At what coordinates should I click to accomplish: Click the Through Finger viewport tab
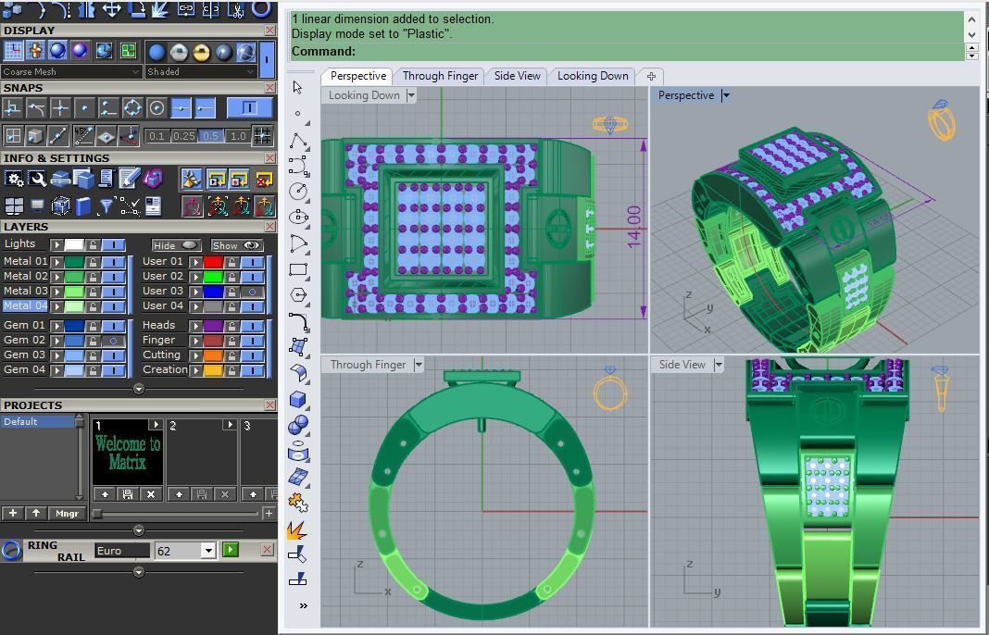click(x=440, y=76)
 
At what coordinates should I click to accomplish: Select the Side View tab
click(x=517, y=76)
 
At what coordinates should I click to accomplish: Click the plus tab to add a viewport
click(x=651, y=76)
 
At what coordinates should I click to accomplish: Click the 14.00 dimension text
click(x=633, y=227)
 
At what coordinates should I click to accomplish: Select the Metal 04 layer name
click(x=25, y=305)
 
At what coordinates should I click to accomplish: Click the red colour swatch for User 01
click(x=214, y=262)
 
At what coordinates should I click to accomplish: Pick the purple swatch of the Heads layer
click(x=214, y=326)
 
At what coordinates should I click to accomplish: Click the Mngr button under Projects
click(x=68, y=513)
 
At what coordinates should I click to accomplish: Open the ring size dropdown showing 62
click(x=208, y=551)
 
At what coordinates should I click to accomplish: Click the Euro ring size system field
click(x=121, y=551)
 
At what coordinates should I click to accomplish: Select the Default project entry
click(x=37, y=422)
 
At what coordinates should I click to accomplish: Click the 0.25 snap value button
click(x=183, y=136)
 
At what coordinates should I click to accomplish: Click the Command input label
click(x=323, y=52)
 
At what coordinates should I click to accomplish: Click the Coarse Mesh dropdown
click(x=71, y=71)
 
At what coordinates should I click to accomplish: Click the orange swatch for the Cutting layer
click(x=214, y=355)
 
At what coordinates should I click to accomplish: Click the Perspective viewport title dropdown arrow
click(x=726, y=95)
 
